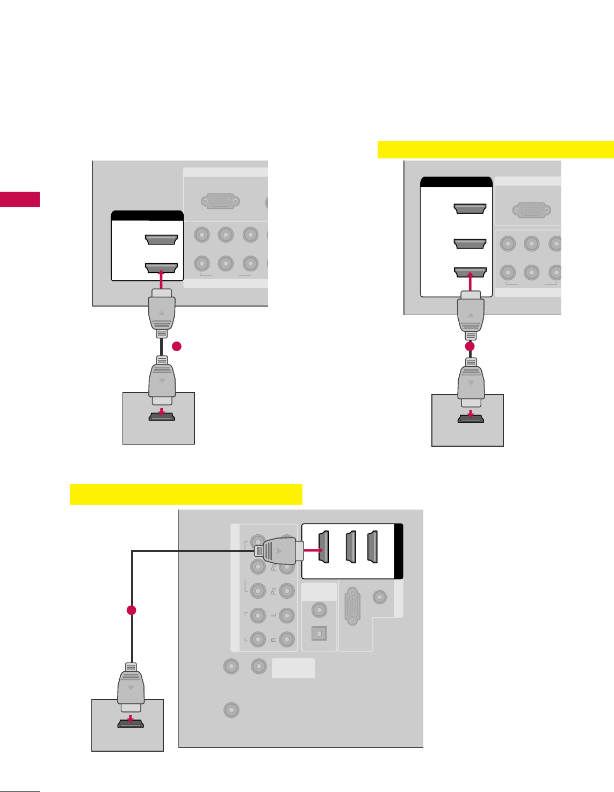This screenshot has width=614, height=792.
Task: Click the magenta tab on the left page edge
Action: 20,199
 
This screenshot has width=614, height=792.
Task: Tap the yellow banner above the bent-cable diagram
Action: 186,494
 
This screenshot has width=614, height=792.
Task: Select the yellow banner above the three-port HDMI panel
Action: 495,150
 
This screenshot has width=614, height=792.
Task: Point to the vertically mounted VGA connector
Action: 352,605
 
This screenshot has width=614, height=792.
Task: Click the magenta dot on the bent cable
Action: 131,611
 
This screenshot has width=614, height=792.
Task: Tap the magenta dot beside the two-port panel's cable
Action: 177,347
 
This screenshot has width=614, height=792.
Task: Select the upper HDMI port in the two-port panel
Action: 161,240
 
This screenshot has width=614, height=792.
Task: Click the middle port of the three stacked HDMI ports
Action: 470,244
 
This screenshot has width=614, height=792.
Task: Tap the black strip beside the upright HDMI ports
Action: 399,551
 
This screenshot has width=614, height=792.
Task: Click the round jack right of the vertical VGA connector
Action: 380,597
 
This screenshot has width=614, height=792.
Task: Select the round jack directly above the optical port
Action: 319,610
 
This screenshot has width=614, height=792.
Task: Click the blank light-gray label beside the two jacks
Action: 293,669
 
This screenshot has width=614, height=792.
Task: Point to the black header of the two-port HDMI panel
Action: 147,216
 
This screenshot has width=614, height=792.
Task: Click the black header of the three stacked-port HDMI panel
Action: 456,181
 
